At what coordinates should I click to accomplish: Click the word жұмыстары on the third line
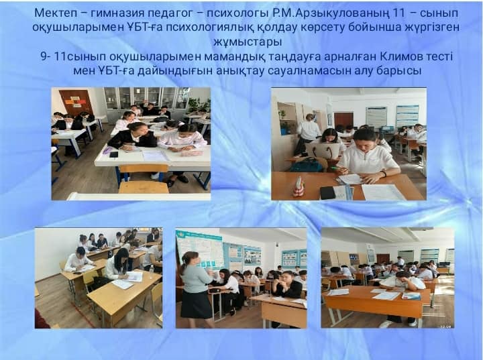248,42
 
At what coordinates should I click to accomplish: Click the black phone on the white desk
113,154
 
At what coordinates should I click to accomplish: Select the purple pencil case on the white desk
106,151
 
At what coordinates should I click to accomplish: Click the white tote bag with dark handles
321,151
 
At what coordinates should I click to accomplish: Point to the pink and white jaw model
298,187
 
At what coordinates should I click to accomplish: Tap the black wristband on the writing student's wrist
384,174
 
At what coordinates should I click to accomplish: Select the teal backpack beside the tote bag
306,166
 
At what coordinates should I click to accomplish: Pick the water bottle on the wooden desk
151,269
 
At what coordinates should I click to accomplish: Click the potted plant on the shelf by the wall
282,115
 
